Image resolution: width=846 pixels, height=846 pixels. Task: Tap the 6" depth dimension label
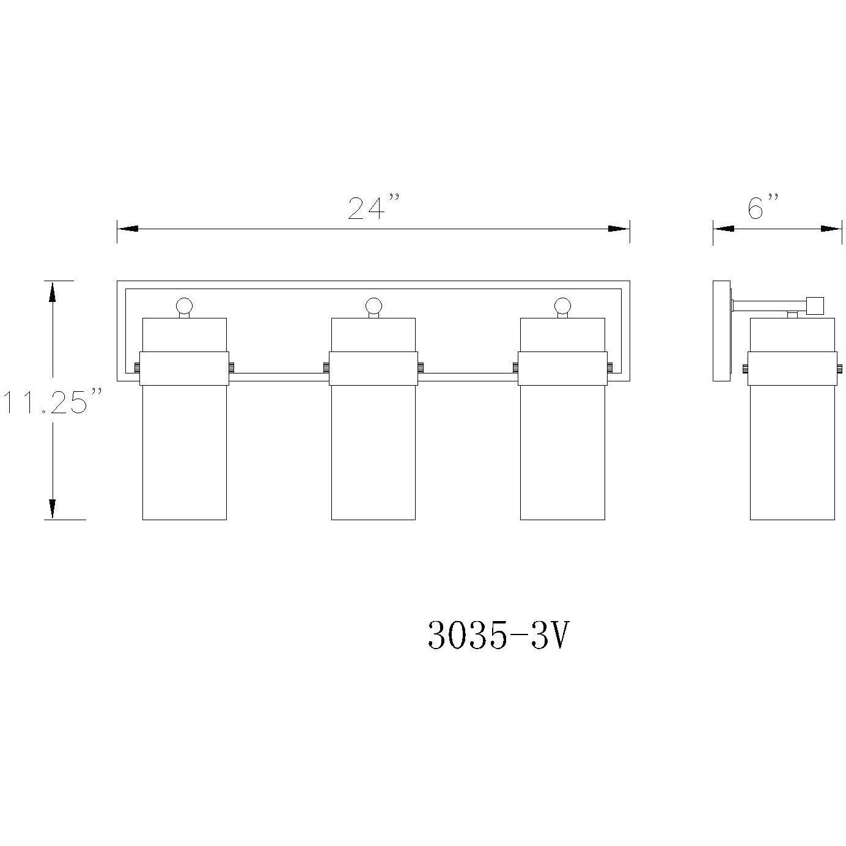pos(763,207)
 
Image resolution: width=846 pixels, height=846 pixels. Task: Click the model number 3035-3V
pos(498,636)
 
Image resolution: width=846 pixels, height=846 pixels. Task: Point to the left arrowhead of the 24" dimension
pos(128,229)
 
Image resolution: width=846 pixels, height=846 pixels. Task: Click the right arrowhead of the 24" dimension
pos(619,229)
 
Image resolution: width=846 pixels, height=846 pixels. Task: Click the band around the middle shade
pos(373,369)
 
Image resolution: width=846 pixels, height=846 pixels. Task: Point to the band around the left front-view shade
pos(185,369)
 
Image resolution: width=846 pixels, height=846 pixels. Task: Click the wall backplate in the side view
pos(721,331)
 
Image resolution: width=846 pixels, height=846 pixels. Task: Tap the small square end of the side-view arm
pos(815,305)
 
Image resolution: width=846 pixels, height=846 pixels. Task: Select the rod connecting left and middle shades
pos(278,377)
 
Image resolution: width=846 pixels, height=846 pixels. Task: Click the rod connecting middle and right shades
pos(468,377)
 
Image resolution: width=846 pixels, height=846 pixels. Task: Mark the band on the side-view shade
pos(792,369)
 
